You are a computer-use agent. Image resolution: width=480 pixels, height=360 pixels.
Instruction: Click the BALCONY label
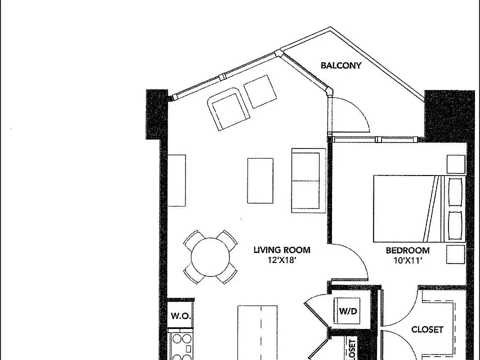coord(340,65)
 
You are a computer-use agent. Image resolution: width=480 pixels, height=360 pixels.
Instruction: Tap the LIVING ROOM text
coord(282,250)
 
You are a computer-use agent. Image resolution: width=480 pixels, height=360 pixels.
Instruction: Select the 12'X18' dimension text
coord(282,260)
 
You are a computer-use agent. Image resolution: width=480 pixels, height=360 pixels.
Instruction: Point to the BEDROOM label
coord(407,250)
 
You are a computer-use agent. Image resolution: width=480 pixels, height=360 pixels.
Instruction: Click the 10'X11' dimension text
coord(408,261)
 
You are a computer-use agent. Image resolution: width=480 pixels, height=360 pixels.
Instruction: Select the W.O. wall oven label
coord(181,316)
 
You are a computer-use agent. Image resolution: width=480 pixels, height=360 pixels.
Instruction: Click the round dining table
coord(210,257)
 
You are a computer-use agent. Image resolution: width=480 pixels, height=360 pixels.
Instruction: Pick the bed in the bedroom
coord(419,208)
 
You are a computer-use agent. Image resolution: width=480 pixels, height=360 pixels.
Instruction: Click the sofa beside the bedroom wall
coord(308,180)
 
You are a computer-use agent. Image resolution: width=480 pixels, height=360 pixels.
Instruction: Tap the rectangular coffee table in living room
coord(260,180)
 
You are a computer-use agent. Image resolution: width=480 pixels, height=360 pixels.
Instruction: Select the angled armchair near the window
coord(227,109)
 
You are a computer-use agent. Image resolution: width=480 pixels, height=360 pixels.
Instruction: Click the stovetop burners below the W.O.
coord(181,346)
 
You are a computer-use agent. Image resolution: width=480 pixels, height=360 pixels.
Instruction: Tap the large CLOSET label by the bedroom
coord(427,329)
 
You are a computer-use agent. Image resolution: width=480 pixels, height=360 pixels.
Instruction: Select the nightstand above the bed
coord(456,164)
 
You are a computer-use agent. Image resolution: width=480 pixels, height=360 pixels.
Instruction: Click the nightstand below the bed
coord(456,254)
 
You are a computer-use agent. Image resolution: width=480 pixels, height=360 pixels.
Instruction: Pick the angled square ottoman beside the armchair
coord(260,91)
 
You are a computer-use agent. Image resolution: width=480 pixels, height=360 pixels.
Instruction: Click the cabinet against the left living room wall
coord(176,180)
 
